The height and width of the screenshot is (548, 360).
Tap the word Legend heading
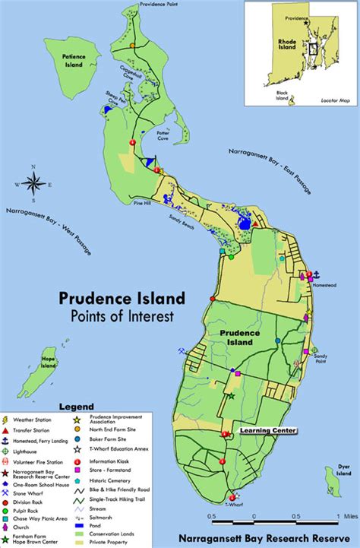(x=78, y=407)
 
